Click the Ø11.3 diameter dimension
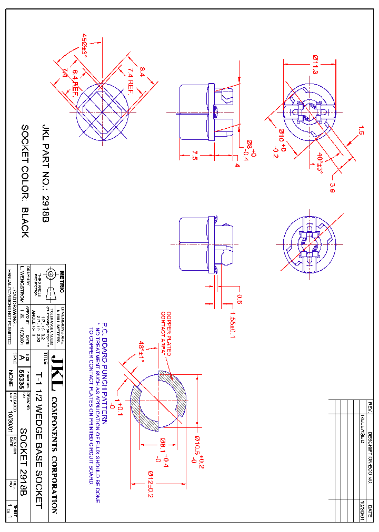[x=315, y=65]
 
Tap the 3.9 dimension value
[x=332, y=188]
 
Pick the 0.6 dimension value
[x=240, y=300]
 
